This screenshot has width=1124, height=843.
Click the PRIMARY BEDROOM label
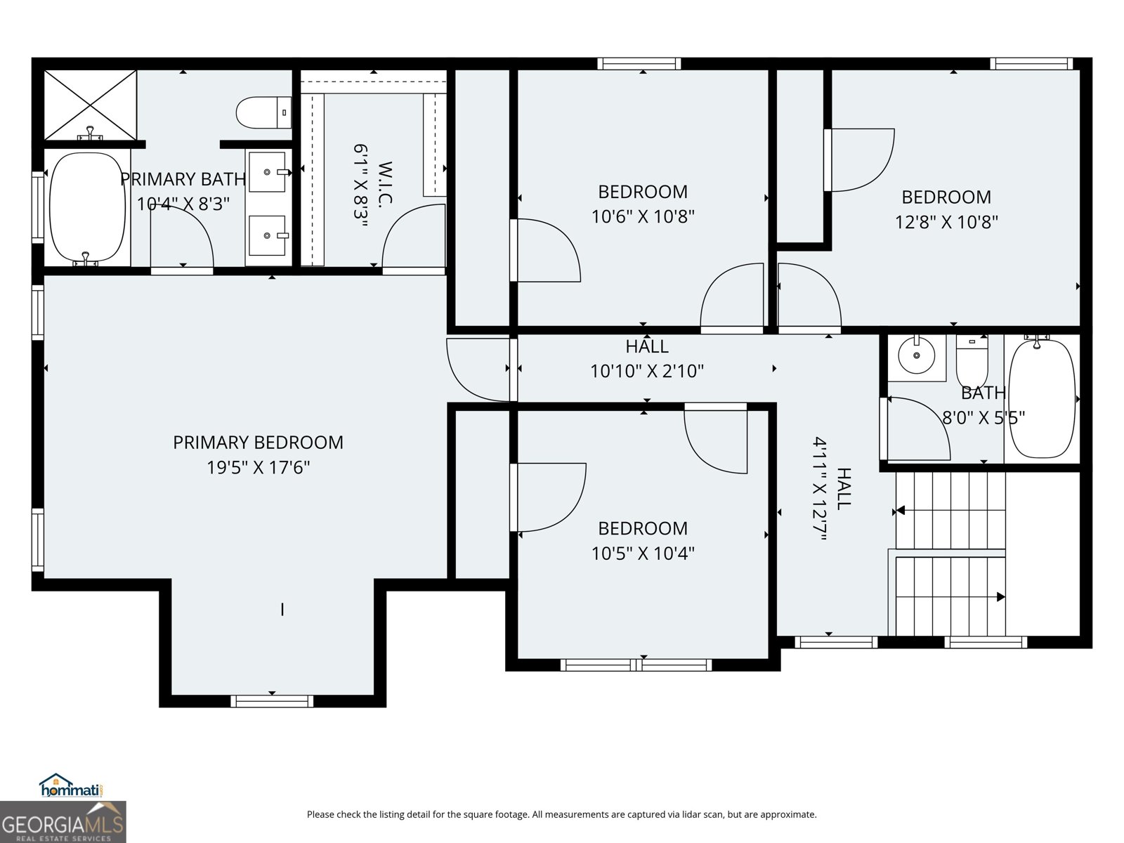[258, 443]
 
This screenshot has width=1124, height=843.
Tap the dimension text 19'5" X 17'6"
[258, 467]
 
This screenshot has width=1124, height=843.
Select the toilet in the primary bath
[263, 112]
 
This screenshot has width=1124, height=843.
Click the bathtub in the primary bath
[88, 207]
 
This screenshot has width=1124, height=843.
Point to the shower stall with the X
[91, 105]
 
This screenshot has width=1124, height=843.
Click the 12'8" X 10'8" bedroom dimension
[946, 222]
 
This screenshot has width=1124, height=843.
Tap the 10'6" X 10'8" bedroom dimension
[643, 216]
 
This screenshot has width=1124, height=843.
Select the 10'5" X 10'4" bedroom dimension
[643, 554]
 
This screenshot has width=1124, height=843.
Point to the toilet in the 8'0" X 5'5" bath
[972, 360]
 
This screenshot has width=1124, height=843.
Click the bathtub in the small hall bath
[1042, 399]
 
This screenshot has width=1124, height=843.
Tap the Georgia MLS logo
[63, 822]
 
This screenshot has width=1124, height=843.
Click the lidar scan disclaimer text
[561, 815]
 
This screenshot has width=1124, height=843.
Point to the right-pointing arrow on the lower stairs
[1000, 597]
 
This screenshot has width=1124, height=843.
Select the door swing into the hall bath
[917, 429]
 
